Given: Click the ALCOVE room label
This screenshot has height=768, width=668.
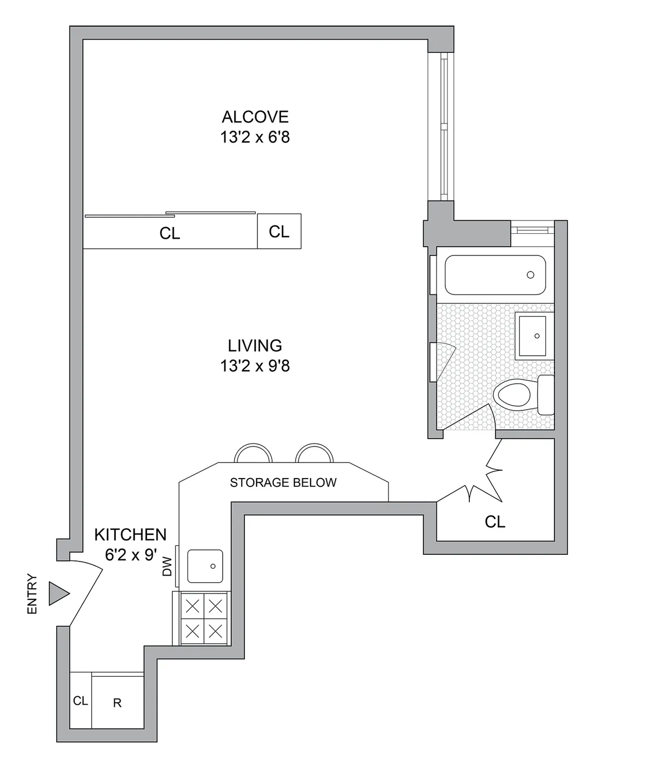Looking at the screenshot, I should click(255, 117).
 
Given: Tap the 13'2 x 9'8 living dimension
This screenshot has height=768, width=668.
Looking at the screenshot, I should click(255, 366).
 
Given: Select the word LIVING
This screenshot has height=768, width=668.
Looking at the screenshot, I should click(255, 346).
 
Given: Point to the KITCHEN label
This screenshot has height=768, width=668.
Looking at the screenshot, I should click(130, 535).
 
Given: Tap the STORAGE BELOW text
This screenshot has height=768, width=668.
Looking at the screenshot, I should click(283, 483).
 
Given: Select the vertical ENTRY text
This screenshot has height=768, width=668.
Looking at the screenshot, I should click(32, 594).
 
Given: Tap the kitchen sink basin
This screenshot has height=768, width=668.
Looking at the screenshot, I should click(205, 567).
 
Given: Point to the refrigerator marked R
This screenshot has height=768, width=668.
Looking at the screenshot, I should click(117, 702).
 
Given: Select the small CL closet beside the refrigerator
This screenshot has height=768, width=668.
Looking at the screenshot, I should click(81, 701).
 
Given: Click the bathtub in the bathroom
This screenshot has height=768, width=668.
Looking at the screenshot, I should click(495, 275).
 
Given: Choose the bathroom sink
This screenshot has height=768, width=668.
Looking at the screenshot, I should click(534, 335).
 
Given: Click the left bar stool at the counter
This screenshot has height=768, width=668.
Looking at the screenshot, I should click(253, 453).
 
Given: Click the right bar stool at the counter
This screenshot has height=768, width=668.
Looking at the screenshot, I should click(315, 453).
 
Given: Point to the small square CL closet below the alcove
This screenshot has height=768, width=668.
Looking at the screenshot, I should click(279, 231).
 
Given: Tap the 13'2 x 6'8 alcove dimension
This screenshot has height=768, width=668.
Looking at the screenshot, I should click(255, 137).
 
